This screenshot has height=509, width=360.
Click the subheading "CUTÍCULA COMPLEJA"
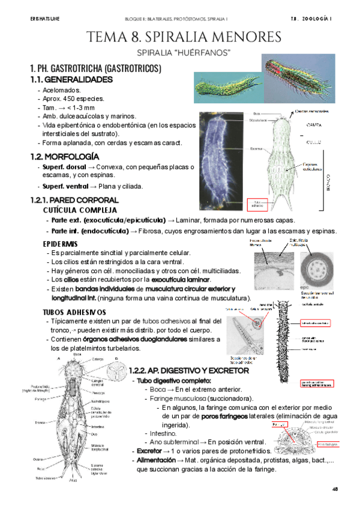[75, 211]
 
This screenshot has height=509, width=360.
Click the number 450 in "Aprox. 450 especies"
[71, 98]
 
